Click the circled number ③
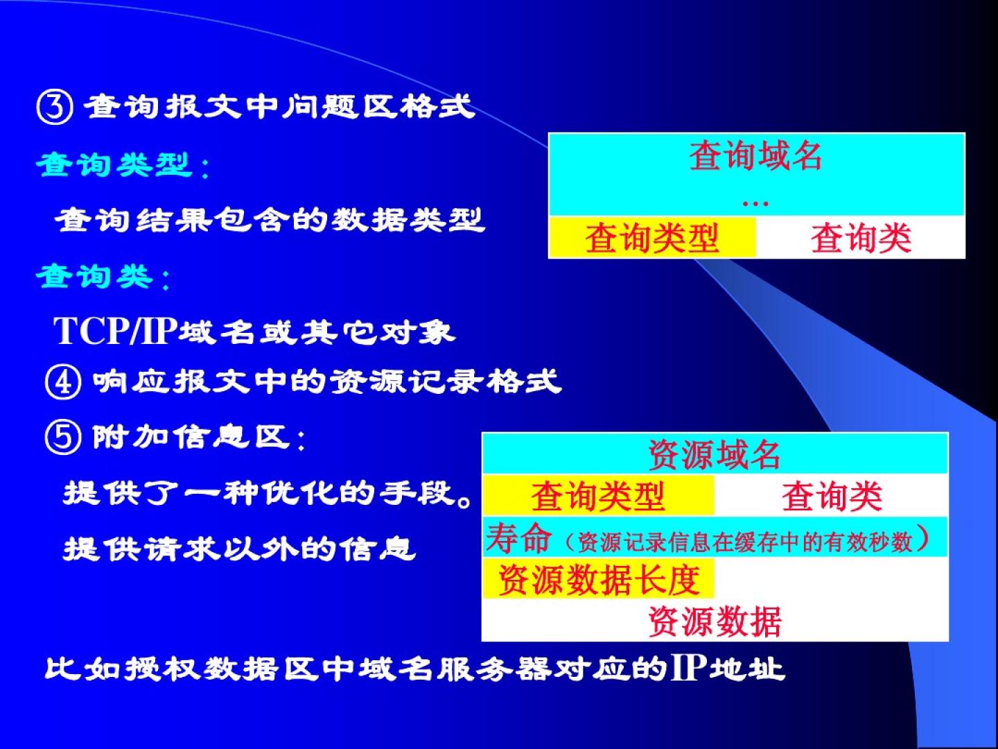click(x=55, y=107)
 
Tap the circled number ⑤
click(x=63, y=437)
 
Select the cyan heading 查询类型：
click(x=123, y=164)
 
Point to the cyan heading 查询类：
click(x=103, y=277)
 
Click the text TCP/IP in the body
click(x=114, y=331)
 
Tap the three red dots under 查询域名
click(x=755, y=204)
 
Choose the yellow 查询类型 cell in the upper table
click(x=652, y=237)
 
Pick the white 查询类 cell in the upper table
click(x=860, y=237)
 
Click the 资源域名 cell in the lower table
click(x=715, y=454)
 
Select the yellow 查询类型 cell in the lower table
click(x=598, y=495)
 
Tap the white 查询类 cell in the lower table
click(x=831, y=495)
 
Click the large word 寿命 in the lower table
click(x=519, y=537)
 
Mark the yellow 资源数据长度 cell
click(x=598, y=578)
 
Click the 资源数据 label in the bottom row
click(x=715, y=621)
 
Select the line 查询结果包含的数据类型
click(x=270, y=220)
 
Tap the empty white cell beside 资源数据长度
click(x=831, y=578)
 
